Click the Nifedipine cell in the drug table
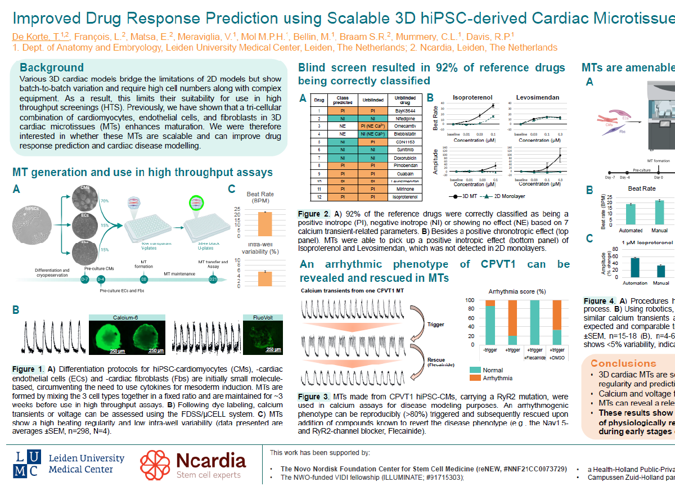click(x=404, y=119)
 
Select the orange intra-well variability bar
click(x=265, y=280)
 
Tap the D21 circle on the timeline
click(x=213, y=280)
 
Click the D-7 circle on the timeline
click(x=84, y=280)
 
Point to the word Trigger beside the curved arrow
click(x=436, y=325)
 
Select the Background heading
click(x=52, y=68)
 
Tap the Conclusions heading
click(x=623, y=363)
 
